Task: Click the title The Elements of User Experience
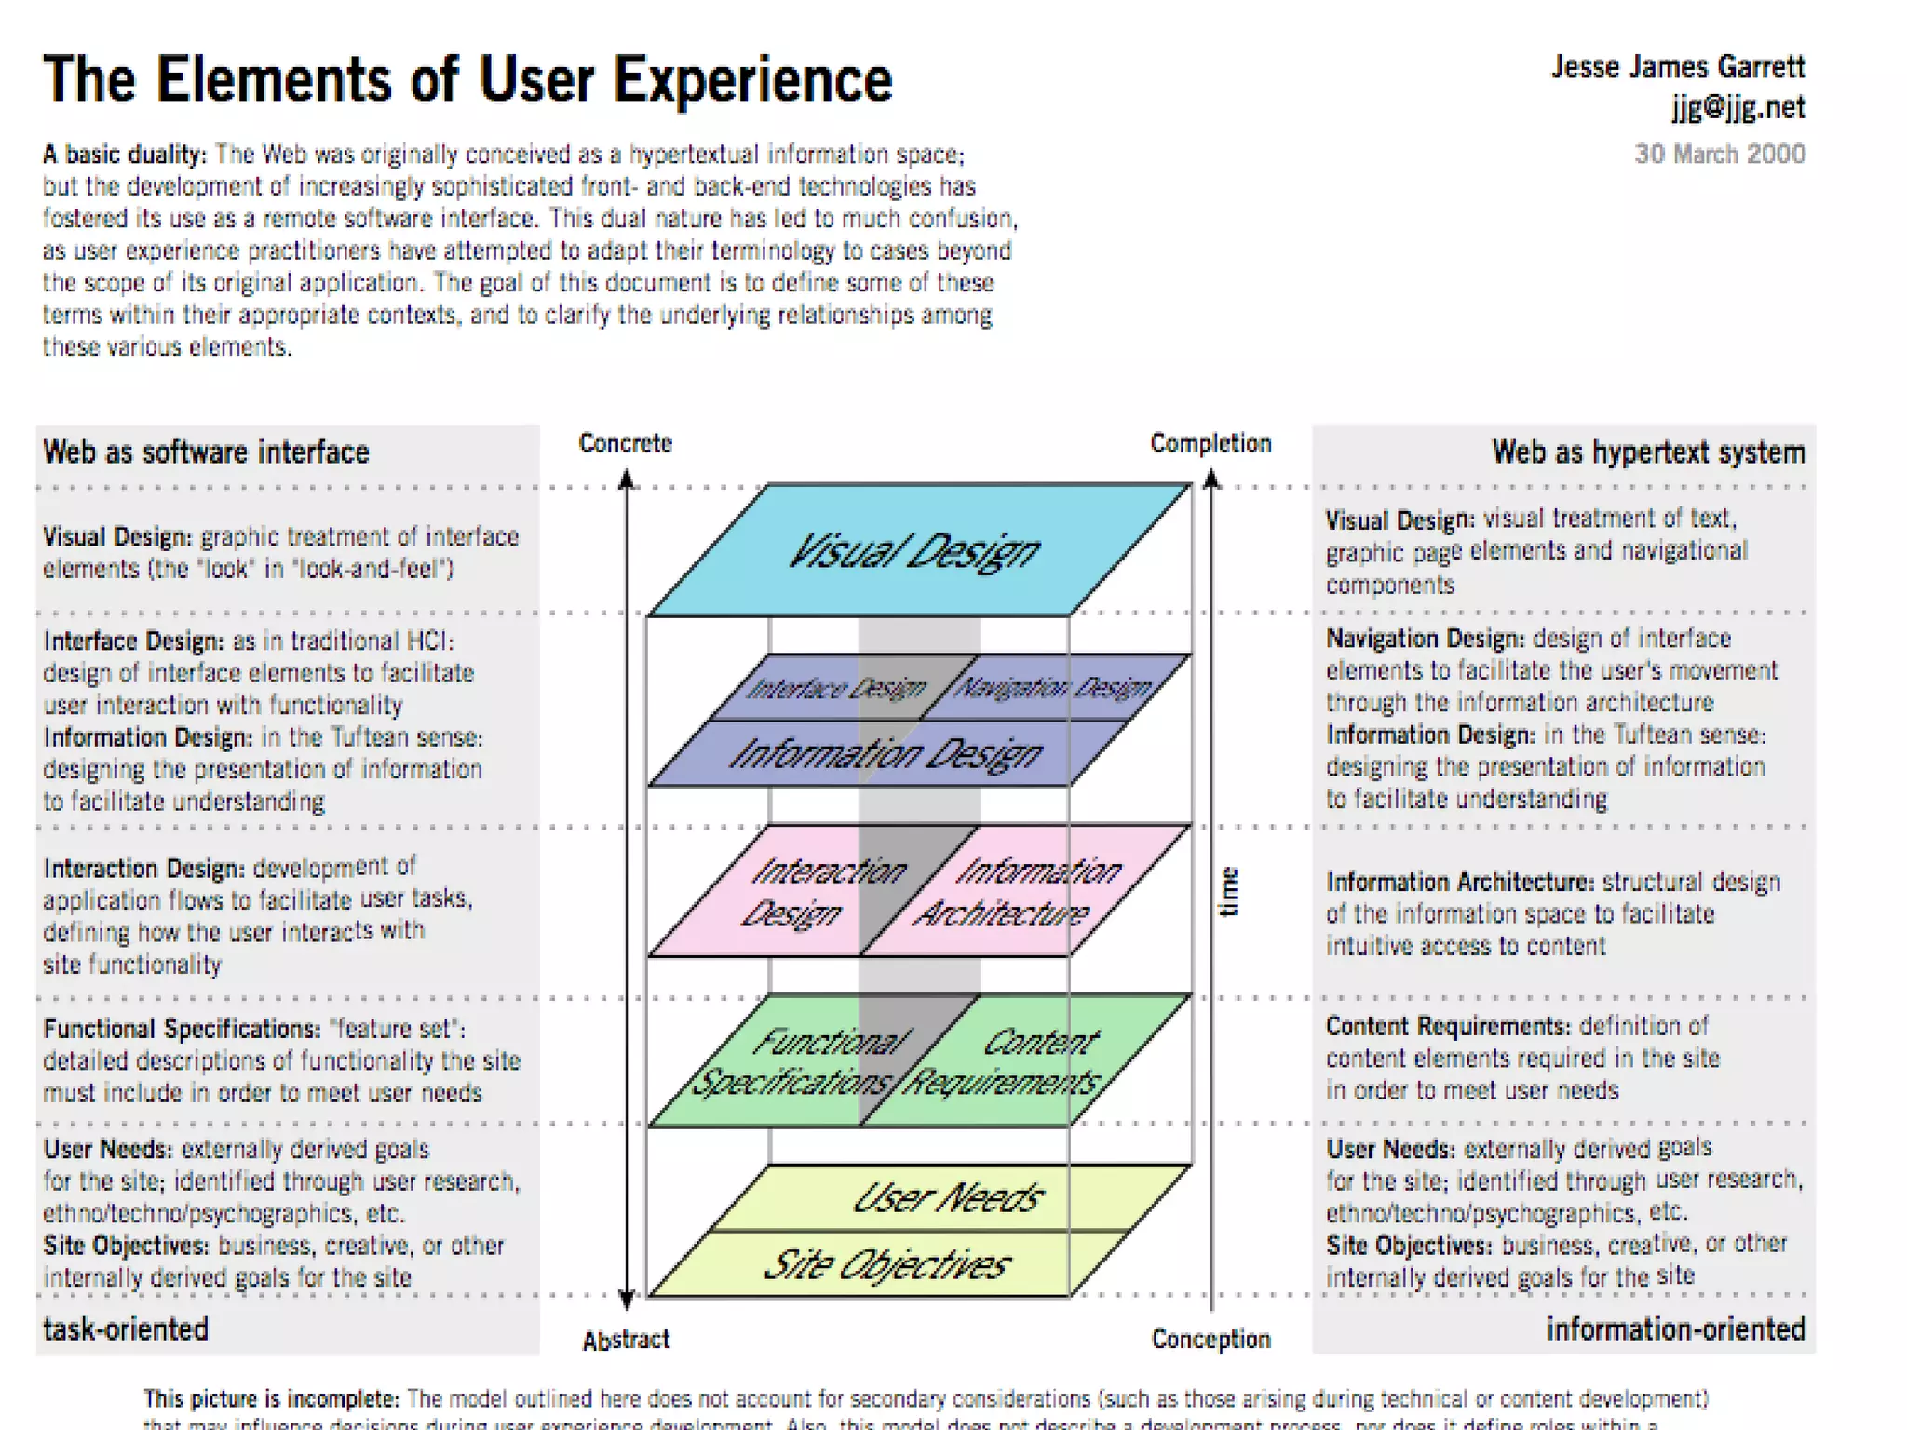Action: (x=467, y=80)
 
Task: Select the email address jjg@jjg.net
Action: (x=1738, y=108)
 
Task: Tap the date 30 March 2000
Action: (x=1719, y=154)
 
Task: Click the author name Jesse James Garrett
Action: (x=1678, y=67)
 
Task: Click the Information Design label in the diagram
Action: (x=885, y=754)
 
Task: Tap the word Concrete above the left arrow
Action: (x=625, y=443)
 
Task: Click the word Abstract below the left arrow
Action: (x=626, y=1340)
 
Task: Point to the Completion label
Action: (x=1210, y=443)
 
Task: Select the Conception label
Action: (x=1210, y=1340)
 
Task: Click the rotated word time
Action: (x=1229, y=892)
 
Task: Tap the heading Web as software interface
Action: (x=206, y=452)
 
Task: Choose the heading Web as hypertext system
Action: (x=1648, y=452)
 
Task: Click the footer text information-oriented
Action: (x=1674, y=1329)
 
